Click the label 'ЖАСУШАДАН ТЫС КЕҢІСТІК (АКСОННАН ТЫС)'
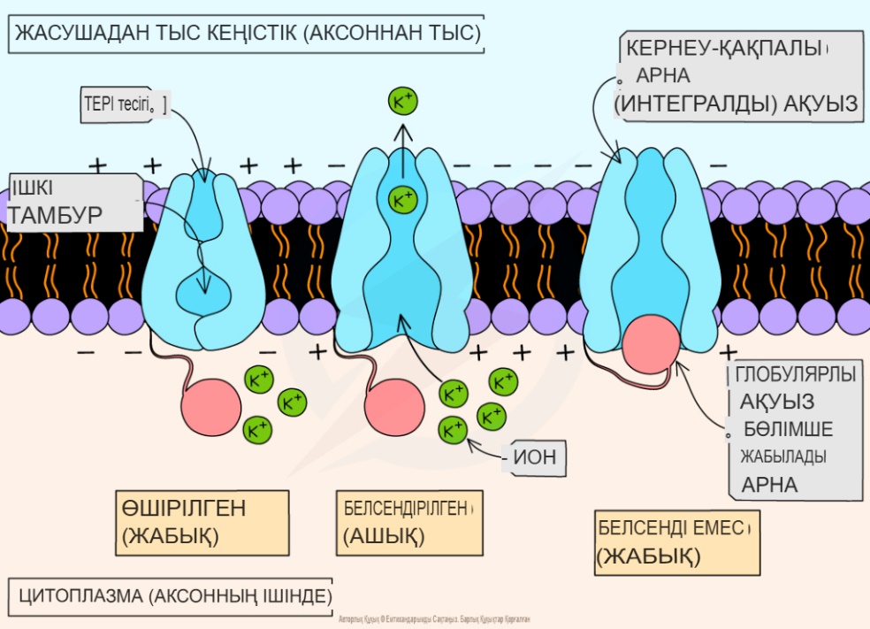click(x=248, y=35)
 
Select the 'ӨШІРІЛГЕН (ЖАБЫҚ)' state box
click(x=202, y=522)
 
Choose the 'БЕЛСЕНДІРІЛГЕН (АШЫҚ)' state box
click(x=408, y=521)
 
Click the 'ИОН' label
click(x=533, y=458)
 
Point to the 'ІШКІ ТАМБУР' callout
click(x=74, y=203)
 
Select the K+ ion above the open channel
click(x=403, y=103)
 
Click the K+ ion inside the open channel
click(x=403, y=199)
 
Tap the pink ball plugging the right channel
click(x=651, y=346)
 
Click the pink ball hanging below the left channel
click(x=210, y=408)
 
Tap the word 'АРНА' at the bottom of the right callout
click(x=769, y=485)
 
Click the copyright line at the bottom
click(x=434, y=620)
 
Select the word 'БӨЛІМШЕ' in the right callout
click(x=788, y=429)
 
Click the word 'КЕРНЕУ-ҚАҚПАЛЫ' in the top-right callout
click(x=725, y=48)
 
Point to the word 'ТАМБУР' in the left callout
click(x=57, y=215)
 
